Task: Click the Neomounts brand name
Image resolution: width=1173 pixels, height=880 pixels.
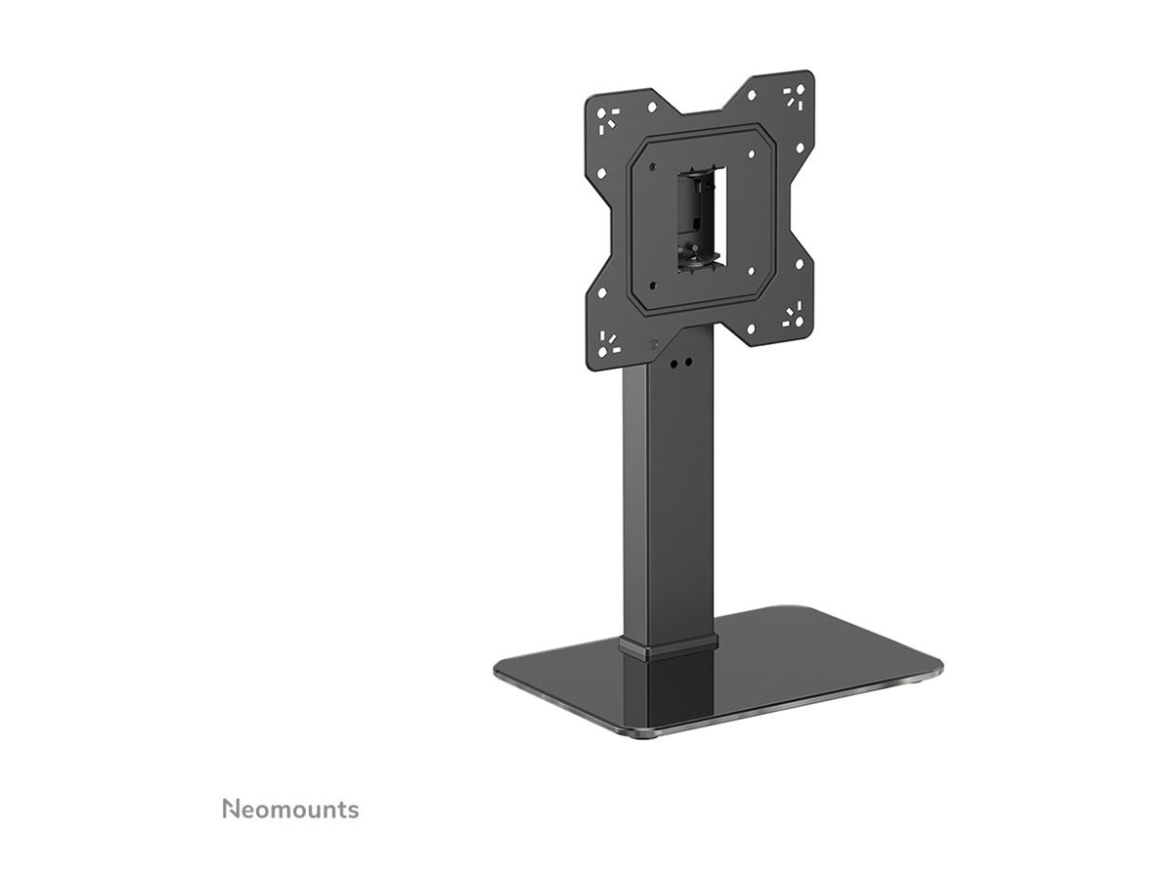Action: pyautogui.click(x=290, y=810)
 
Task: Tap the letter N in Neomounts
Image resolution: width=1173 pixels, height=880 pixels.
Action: pyautogui.click(x=230, y=810)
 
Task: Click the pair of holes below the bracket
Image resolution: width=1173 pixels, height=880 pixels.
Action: pyautogui.click(x=680, y=362)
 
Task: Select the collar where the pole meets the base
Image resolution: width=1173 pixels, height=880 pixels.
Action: pyautogui.click(x=669, y=643)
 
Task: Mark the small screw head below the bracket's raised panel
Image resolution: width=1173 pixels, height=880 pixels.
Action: pyautogui.click(x=653, y=343)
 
